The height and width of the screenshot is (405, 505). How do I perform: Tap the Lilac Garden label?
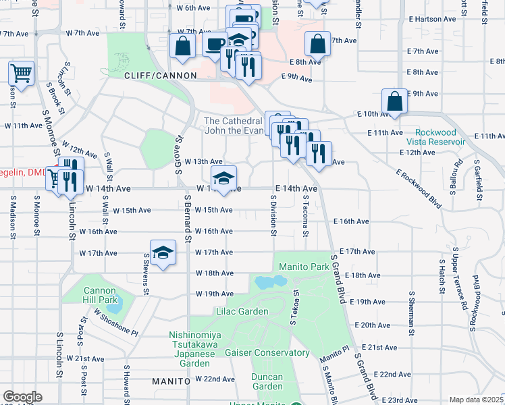(244, 311)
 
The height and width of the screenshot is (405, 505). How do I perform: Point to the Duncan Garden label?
(267, 381)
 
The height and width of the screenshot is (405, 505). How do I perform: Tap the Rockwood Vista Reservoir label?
(435, 137)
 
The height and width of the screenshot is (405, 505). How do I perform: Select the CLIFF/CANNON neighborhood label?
(160, 76)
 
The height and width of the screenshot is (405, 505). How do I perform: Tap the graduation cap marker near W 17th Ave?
(162, 252)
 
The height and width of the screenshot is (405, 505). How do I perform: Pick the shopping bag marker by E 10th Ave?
(394, 102)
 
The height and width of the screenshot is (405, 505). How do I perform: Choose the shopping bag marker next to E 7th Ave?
(317, 45)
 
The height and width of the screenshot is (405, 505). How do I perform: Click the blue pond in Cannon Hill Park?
(114, 307)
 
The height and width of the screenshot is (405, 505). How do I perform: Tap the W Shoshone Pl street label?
(115, 323)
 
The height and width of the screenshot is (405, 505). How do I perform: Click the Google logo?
(22, 397)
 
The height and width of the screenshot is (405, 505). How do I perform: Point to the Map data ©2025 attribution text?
(475, 400)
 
